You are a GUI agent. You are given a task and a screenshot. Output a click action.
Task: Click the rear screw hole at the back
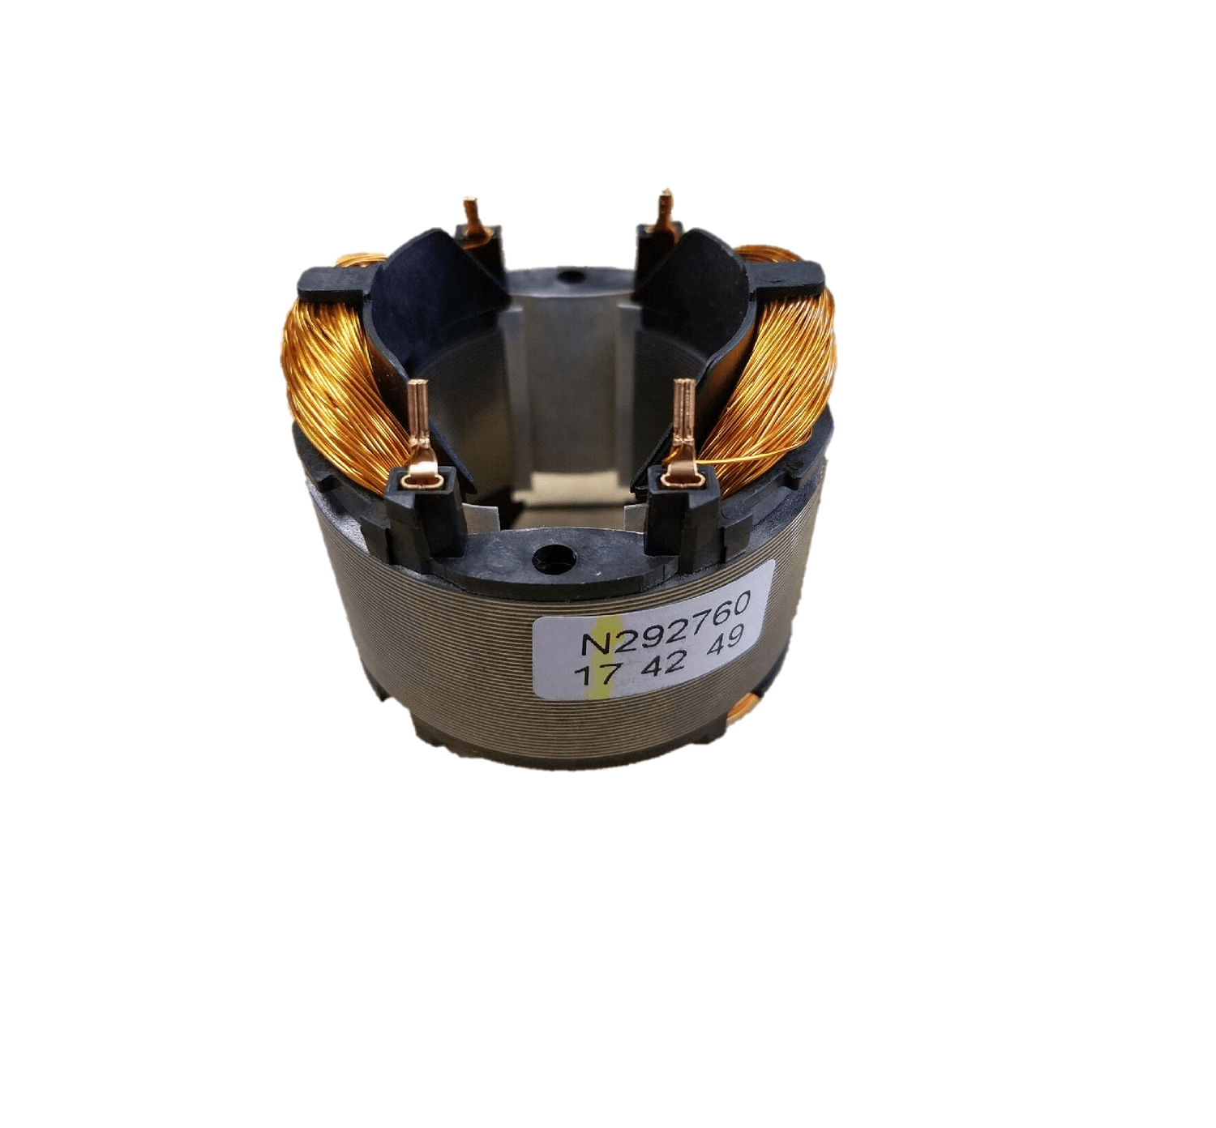coord(572,276)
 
